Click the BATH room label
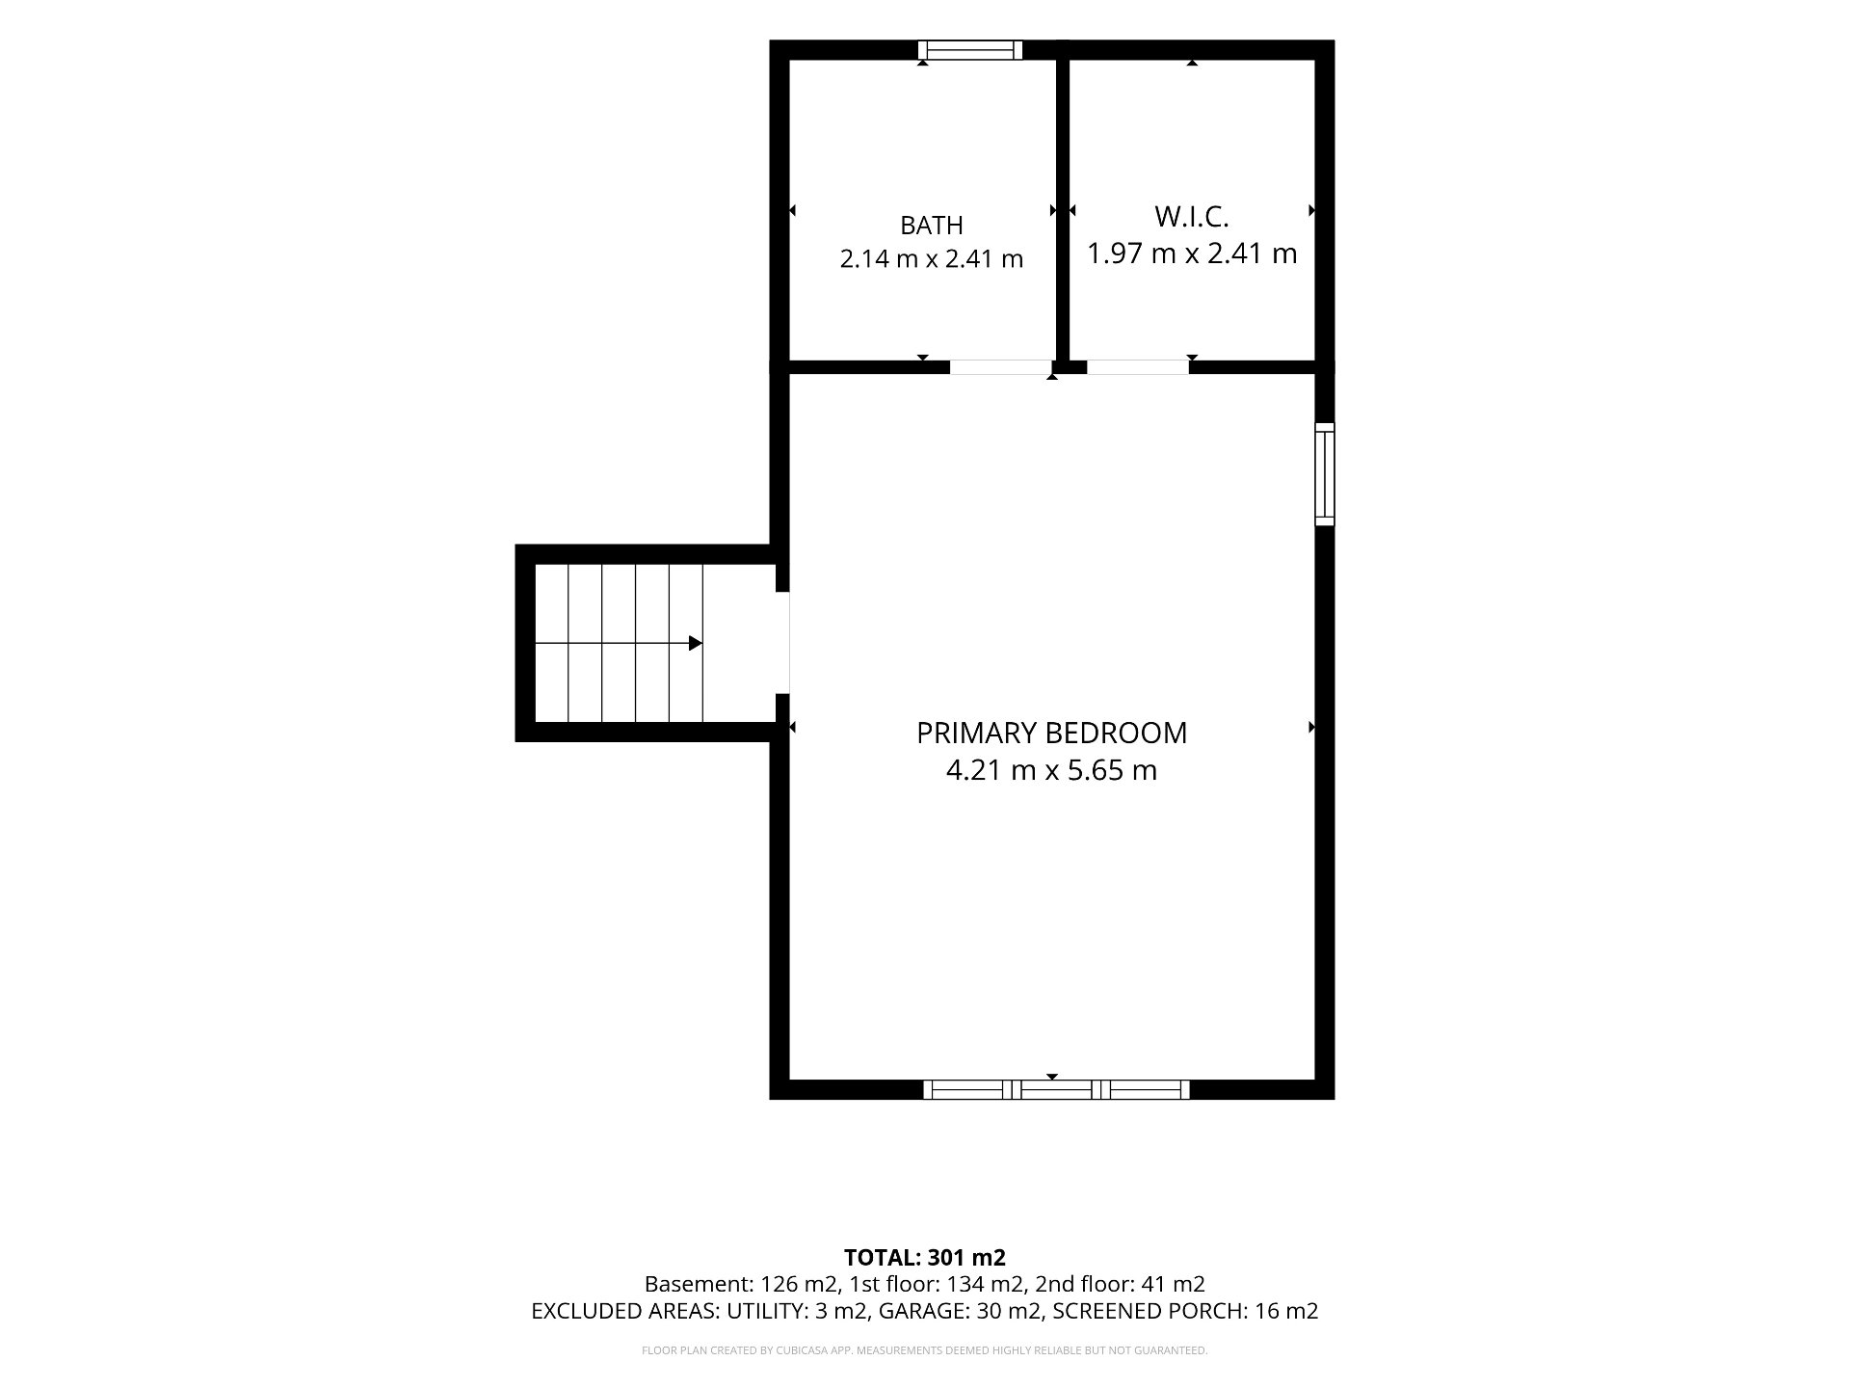pyautogui.click(x=931, y=226)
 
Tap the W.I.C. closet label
pyautogui.click(x=1192, y=216)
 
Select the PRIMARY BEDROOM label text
pyautogui.click(x=1051, y=733)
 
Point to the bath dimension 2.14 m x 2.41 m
pyautogui.click(x=931, y=258)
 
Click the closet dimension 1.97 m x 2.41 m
pyautogui.click(x=1192, y=254)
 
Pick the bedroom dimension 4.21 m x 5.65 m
pyautogui.click(x=1051, y=770)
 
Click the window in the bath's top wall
pyautogui.click(x=969, y=50)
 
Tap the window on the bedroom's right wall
pyautogui.click(x=1325, y=474)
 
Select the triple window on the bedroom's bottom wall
pyautogui.click(x=1056, y=1090)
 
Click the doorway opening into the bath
pyautogui.click(x=1000, y=367)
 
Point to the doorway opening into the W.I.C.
pyautogui.click(x=1137, y=367)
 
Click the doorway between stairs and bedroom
pyautogui.click(x=781, y=642)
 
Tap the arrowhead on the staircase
pyautogui.click(x=695, y=643)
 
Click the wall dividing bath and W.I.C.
pyautogui.click(x=1063, y=209)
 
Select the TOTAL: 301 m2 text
pyautogui.click(x=925, y=1258)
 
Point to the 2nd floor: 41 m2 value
pyautogui.click(x=1121, y=1284)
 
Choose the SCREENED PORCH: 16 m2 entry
pyautogui.click(x=1185, y=1311)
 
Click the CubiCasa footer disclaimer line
pyautogui.click(x=925, y=1350)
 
